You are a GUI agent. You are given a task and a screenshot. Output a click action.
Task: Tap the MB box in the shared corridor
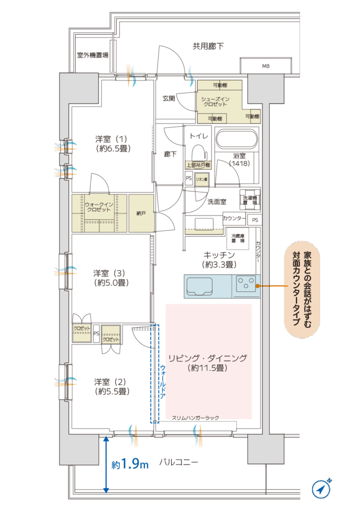tap(265, 65)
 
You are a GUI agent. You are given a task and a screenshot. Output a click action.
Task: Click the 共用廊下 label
tap(208, 46)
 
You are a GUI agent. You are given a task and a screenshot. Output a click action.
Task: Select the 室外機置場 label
tap(92, 55)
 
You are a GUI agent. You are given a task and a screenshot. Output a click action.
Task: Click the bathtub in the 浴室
tap(236, 138)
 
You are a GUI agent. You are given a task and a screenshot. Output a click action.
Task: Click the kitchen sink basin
tap(199, 286)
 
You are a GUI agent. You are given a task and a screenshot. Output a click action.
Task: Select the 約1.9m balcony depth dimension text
tap(130, 464)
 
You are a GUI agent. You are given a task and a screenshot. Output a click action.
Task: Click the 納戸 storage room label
tap(141, 213)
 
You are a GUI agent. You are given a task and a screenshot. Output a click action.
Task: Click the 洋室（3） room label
tap(111, 277)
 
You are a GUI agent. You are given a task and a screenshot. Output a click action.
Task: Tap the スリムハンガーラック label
tap(195, 417)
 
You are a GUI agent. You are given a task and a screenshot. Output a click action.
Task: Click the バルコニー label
tap(178, 462)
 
